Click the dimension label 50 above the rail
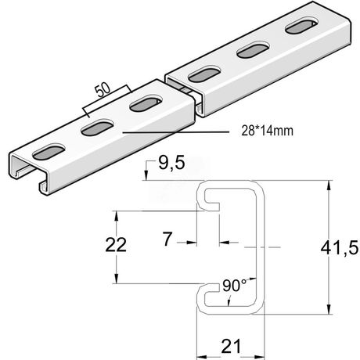pyautogui.click(x=103, y=90)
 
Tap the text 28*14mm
pyautogui.click(x=267, y=131)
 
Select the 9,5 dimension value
pyautogui.click(x=171, y=164)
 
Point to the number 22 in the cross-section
pyautogui.click(x=116, y=245)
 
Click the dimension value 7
pyautogui.click(x=167, y=239)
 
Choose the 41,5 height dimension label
pyautogui.click(x=340, y=247)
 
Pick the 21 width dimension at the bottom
pyautogui.click(x=231, y=347)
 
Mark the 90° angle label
pyautogui.click(x=234, y=286)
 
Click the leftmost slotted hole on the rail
pyautogui.click(x=49, y=153)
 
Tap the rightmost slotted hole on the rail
pyautogui.click(x=302, y=26)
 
